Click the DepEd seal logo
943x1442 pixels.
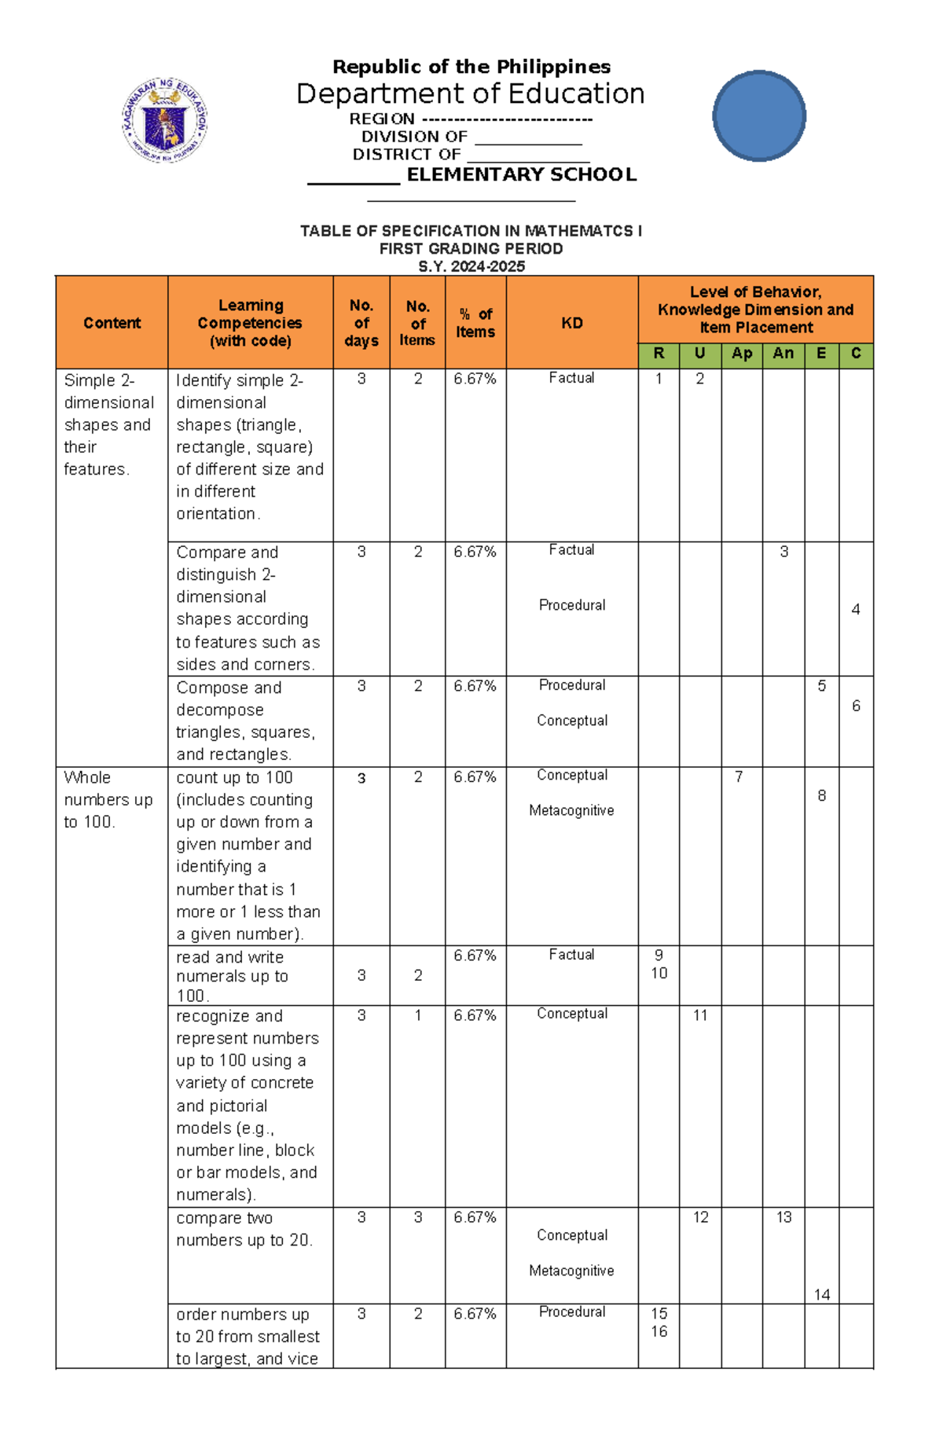(164, 120)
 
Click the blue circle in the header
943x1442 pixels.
(759, 116)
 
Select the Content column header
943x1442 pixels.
(112, 323)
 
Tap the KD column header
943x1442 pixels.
(571, 323)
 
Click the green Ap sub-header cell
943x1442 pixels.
(741, 354)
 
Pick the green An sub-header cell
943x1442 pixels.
(783, 354)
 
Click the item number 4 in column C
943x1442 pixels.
(855, 609)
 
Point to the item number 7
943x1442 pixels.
(739, 777)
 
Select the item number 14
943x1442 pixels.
(822, 1294)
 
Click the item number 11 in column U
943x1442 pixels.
(700, 1015)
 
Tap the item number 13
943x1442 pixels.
(783, 1217)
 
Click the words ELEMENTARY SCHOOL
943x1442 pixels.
(521, 174)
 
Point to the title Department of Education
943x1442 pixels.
(470, 94)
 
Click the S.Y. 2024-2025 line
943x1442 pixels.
(471, 266)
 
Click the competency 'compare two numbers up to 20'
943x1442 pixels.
(244, 1229)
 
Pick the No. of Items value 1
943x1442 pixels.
(417, 1015)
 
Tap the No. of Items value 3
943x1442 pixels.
(417, 1217)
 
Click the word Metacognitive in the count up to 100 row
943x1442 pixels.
(571, 810)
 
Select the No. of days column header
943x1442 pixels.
(361, 323)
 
